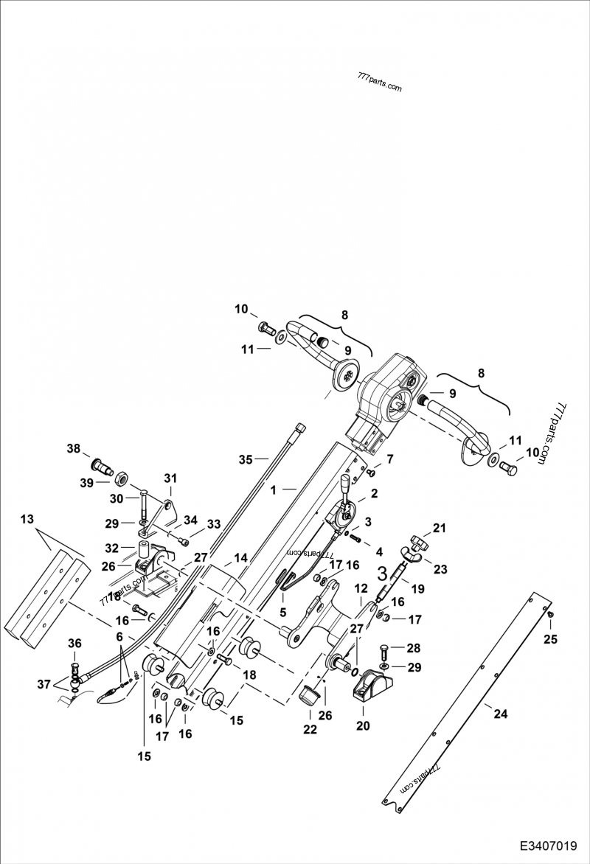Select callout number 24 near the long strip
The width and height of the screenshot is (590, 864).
pyautogui.click(x=501, y=714)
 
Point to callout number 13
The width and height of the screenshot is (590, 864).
pyautogui.click(x=27, y=520)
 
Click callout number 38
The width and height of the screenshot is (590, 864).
pyautogui.click(x=74, y=448)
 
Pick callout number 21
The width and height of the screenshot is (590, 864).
pyautogui.click(x=440, y=527)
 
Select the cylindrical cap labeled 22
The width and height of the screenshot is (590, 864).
pyautogui.click(x=310, y=694)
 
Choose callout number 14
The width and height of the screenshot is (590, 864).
pyautogui.click(x=241, y=558)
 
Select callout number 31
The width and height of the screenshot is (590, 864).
pyautogui.click(x=170, y=478)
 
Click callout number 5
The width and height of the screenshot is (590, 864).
pyautogui.click(x=282, y=611)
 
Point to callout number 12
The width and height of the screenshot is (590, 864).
pyautogui.click(x=361, y=588)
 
